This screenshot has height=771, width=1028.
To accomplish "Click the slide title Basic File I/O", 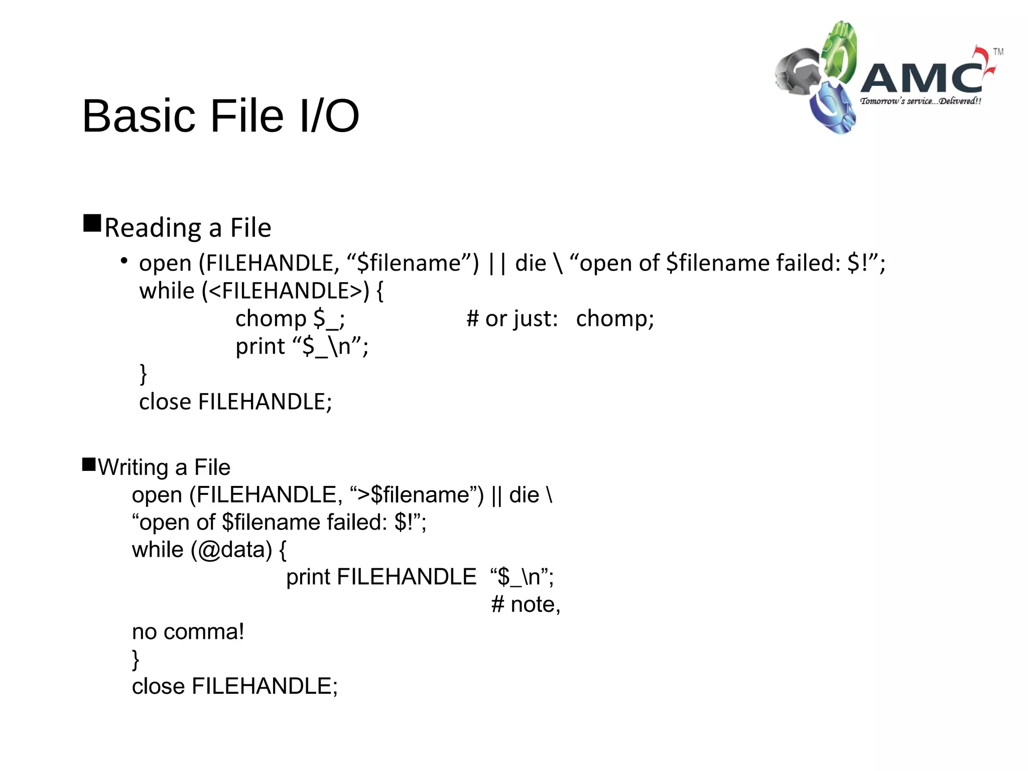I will coord(220,116).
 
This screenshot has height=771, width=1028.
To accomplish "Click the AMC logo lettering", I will coord(923,78).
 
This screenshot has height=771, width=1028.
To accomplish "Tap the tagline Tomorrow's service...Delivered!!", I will coord(920,101).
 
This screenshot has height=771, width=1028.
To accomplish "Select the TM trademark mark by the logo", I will coord(998,52).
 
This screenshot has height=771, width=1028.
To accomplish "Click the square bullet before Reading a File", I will coord(92,223).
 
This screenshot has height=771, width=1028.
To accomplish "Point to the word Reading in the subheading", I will coord(153,228).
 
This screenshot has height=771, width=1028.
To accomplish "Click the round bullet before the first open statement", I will coord(123,261).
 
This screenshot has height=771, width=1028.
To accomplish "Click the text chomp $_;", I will coord(290,319).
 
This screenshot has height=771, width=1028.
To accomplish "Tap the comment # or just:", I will coord(511,319).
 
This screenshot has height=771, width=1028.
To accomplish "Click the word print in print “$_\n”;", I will coord(260,346).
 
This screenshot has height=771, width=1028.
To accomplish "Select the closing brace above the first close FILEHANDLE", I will coord(143,374).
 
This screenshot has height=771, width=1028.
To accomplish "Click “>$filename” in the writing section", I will coord(413,495).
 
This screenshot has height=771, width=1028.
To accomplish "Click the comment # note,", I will coord(525,604).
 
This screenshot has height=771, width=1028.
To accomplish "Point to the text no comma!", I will coord(188,632).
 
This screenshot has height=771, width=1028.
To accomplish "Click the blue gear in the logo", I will coord(831,108).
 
